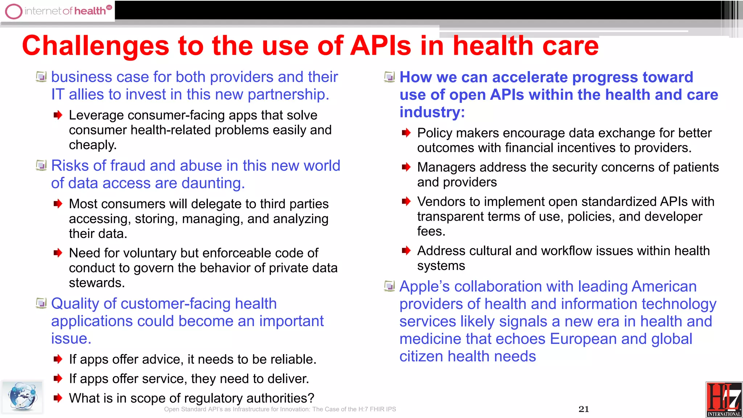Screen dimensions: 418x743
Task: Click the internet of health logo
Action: pos(58,11)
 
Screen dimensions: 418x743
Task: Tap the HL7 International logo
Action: pos(724,399)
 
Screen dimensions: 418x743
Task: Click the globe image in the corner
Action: pos(22,397)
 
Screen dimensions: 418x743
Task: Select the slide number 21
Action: pos(583,409)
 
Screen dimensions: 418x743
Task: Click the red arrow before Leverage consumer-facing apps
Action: pos(58,115)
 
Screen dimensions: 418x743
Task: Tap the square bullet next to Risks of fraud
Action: pos(41,166)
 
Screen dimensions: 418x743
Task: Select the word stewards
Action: pos(97,283)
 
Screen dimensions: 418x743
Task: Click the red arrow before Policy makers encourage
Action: pos(406,133)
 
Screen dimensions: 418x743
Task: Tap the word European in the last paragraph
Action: pos(583,339)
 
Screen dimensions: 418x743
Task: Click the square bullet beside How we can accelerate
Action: pos(389,77)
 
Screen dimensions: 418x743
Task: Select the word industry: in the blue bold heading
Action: pos(432,112)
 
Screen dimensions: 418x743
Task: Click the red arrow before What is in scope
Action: pos(58,398)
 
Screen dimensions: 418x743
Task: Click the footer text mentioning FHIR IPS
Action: pos(280,409)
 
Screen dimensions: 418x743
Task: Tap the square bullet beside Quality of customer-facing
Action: pos(41,303)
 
